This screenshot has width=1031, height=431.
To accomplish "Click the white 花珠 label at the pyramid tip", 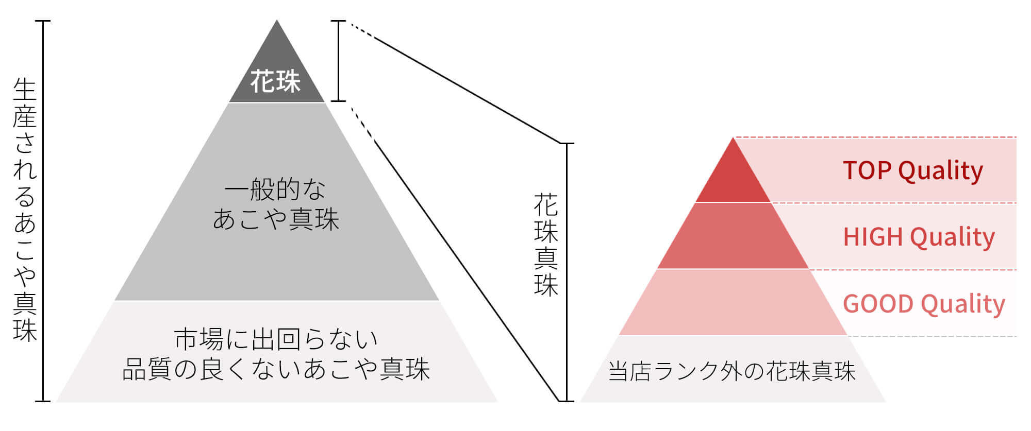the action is [275, 81].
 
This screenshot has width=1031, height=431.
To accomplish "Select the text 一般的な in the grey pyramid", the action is [275, 189].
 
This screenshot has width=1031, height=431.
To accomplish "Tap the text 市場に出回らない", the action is [276, 339].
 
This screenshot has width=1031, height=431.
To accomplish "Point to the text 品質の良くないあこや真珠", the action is [276, 369].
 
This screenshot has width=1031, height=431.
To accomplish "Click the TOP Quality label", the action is [913, 170].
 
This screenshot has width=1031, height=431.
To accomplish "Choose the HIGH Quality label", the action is [919, 237].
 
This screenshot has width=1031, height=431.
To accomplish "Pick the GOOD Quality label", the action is [924, 304].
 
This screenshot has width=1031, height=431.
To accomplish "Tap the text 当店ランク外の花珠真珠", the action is [732, 371].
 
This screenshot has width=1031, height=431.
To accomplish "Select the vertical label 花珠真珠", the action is [546, 245].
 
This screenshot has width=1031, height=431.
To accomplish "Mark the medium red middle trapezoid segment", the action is [733, 236].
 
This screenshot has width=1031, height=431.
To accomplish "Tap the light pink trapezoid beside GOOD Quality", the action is [733, 302].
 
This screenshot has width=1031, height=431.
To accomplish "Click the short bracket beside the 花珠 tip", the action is [338, 61].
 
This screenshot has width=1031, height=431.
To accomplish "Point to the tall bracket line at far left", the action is [43, 211].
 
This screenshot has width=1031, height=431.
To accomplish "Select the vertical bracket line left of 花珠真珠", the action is [567, 272].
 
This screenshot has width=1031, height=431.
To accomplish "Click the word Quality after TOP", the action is [941, 170].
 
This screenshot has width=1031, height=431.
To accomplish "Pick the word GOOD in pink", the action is [878, 304].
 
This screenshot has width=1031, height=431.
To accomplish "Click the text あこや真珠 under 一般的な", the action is [276, 219].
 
